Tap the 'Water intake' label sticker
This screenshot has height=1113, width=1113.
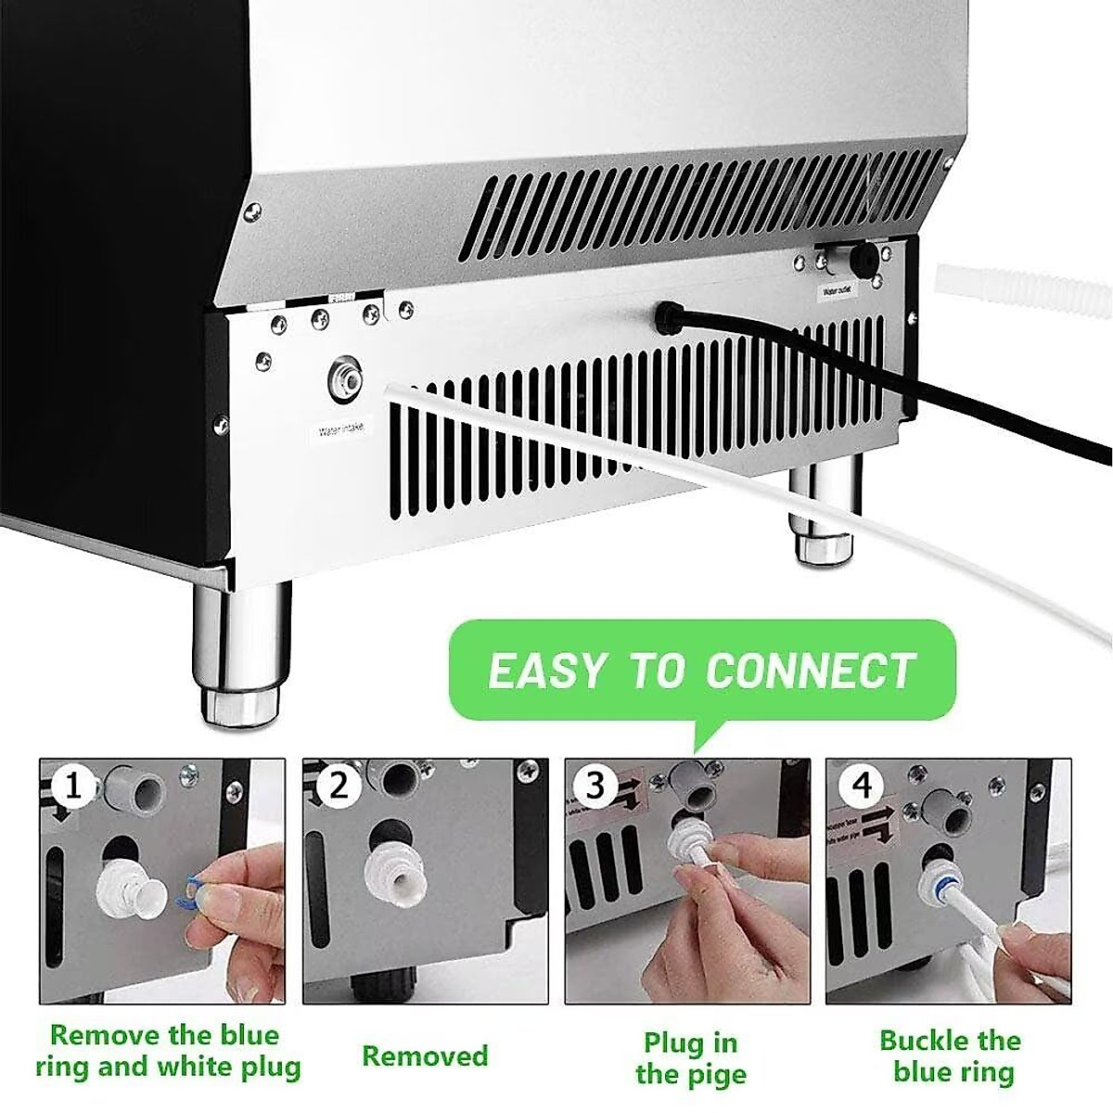coord(342,429)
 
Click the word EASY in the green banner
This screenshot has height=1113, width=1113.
coord(546,671)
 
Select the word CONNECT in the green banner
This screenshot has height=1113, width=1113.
coord(810,671)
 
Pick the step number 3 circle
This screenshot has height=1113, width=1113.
coord(595,786)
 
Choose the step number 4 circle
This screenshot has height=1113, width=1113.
coord(862,787)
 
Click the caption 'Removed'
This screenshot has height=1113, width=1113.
coord(425,1055)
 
